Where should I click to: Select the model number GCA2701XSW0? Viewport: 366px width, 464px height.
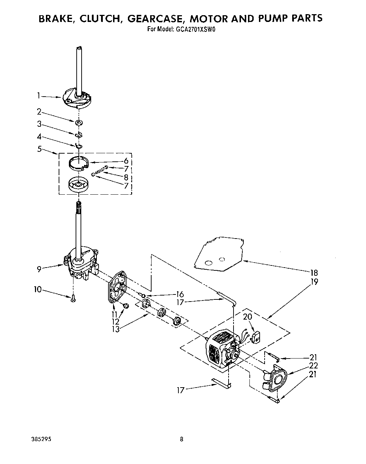195,30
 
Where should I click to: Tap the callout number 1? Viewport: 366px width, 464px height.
39,95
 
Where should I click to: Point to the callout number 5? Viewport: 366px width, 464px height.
39,149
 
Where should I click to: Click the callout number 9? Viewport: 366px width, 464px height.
39,269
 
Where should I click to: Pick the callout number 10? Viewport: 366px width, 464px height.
38,290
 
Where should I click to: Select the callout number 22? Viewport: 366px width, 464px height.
313,366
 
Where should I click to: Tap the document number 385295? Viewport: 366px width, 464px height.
41,439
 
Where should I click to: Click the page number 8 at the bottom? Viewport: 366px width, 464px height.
182,439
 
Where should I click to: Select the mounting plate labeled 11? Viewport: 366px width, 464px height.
117,287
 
